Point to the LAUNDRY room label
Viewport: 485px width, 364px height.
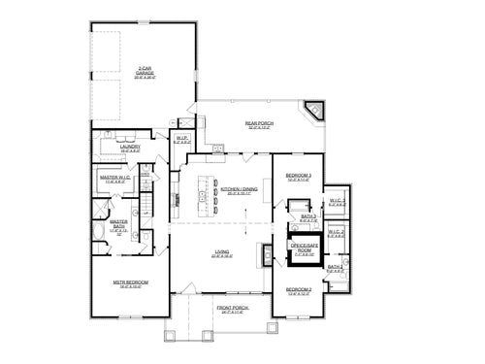tap(131, 149)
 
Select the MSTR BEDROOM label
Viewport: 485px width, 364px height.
tap(129, 284)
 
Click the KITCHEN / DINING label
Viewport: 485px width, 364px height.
tap(238, 190)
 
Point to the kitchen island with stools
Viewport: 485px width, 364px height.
tap(204, 198)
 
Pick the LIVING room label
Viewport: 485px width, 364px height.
tap(222, 254)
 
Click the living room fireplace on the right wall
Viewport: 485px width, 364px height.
tap(264, 253)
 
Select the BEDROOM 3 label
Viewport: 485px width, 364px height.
tap(297, 177)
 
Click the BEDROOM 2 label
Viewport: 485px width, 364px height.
tap(298, 289)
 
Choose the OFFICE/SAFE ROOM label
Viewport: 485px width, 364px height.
tap(304, 249)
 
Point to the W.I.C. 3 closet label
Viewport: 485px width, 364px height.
tap(337, 203)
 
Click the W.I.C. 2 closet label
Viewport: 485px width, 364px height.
tap(337, 232)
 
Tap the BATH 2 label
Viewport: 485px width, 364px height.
tap(335, 267)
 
